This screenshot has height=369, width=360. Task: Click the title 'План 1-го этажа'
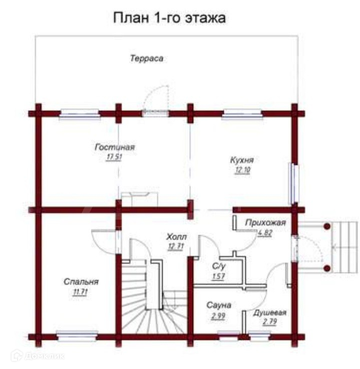(170, 19)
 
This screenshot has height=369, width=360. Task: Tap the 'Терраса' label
(147, 58)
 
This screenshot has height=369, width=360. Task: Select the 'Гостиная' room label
(115, 147)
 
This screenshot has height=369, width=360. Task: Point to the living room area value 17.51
(115, 156)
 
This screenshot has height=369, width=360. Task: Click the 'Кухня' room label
(242, 160)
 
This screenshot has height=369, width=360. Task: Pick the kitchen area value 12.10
(242, 170)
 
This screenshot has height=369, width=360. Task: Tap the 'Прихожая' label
(265, 223)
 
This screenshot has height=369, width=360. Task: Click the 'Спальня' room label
(81, 282)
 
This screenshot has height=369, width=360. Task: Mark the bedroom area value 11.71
(80, 292)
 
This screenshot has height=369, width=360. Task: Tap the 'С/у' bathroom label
(218, 267)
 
